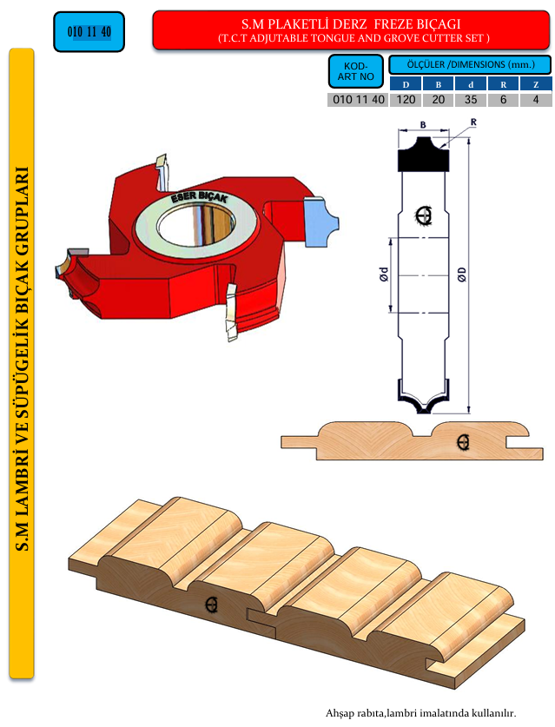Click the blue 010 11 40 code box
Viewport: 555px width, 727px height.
click(x=89, y=31)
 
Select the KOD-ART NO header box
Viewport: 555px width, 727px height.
click(x=355, y=71)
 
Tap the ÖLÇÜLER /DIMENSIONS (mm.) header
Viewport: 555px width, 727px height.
click(x=470, y=64)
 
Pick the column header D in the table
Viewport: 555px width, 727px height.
click(x=406, y=84)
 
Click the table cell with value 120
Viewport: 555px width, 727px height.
click(x=406, y=100)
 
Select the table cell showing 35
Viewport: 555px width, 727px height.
click(x=471, y=100)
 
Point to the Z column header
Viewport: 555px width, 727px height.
click(x=536, y=84)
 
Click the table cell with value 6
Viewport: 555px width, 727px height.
click(x=503, y=100)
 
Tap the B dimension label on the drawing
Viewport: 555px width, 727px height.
click(x=423, y=125)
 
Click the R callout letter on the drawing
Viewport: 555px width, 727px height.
click(x=473, y=122)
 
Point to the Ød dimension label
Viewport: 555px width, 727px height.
click(x=383, y=274)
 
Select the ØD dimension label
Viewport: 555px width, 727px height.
click(x=461, y=274)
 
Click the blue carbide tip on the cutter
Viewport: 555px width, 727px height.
click(x=320, y=221)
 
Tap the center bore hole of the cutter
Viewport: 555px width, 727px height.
click(x=195, y=226)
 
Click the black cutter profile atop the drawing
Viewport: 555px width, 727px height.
click(x=423, y=155)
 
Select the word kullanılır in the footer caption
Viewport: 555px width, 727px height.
click(x=495, y=712)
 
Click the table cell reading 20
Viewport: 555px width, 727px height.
click(x=438, y=100)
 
